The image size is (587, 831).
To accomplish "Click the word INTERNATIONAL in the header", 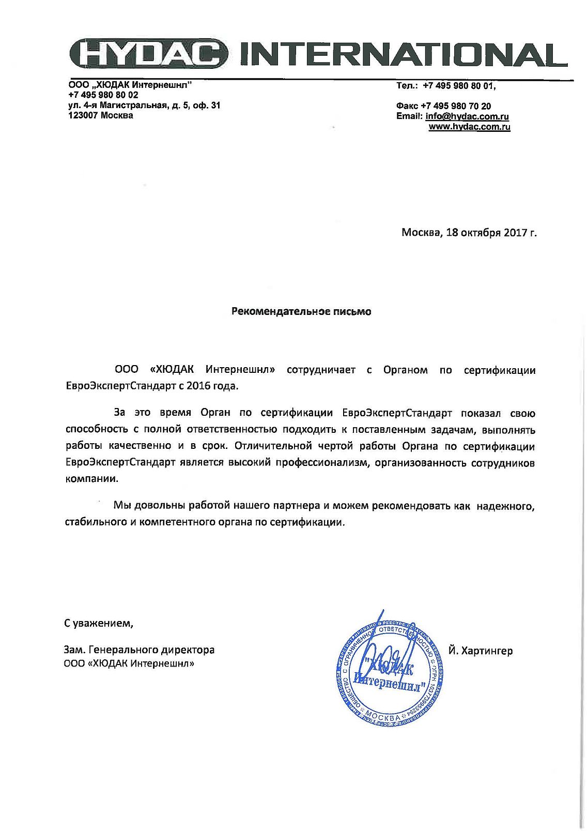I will tap(404, 54).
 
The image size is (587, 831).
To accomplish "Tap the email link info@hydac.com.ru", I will tap(467, 116).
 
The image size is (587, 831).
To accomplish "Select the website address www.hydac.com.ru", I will tap(469, 127).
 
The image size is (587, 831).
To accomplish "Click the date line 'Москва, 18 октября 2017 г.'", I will tap(469, 233).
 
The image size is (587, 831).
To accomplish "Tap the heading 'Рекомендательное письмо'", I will tap(301, 312).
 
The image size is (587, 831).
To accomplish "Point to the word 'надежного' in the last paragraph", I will tap(505, 506).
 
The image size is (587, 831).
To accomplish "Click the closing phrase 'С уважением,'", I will tap(98, 623).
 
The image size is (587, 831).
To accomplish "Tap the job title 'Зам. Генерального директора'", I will tap(139, 650).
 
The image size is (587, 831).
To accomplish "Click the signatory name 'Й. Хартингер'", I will tap(481, 651).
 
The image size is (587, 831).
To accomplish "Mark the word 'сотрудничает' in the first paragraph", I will tap(321, 370).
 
